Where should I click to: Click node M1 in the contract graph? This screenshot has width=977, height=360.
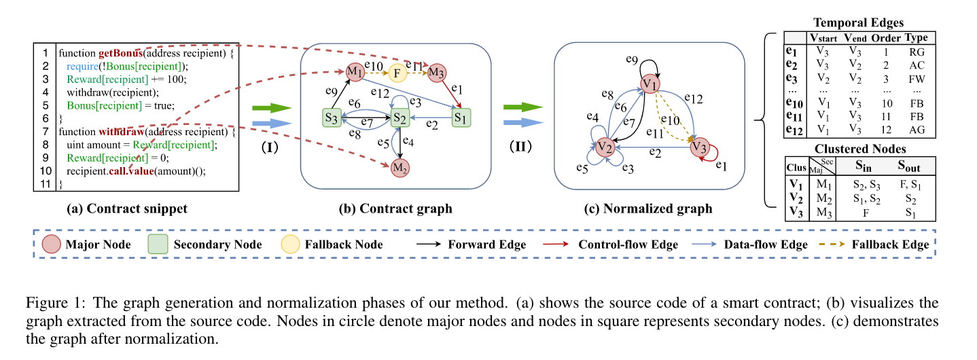point(354,71)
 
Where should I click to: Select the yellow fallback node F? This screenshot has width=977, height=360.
point(398,72)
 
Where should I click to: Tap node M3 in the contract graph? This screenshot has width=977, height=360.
point(436,72)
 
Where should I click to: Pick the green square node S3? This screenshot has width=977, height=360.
point(332,118)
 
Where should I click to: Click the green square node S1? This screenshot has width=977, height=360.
point(461,118)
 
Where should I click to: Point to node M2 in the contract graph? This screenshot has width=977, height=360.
point(401,167)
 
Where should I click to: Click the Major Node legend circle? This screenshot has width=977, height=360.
point(52,245)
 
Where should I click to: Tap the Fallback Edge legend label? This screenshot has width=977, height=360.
point(890,245)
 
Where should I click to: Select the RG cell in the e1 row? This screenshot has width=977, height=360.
point(917,51)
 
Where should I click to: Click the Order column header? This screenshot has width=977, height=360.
point(885,37)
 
